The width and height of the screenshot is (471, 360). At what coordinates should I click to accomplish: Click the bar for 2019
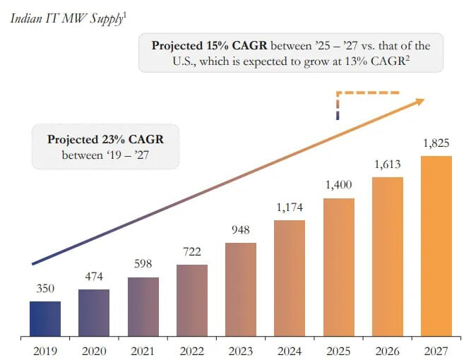click(45, 318)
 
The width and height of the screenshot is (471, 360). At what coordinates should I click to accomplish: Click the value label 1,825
click(436, 144)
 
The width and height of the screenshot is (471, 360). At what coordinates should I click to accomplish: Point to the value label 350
click(45, 289)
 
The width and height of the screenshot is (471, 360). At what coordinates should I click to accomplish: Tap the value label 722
click(192, 253)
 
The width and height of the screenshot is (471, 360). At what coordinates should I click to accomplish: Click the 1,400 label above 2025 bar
click(338, 186)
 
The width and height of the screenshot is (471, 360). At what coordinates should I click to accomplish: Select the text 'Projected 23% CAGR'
click(105, 139)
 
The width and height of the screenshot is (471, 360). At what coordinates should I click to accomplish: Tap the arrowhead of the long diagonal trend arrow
click(420, 101)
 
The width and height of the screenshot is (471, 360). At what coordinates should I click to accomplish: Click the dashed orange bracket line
click(367, 92)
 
